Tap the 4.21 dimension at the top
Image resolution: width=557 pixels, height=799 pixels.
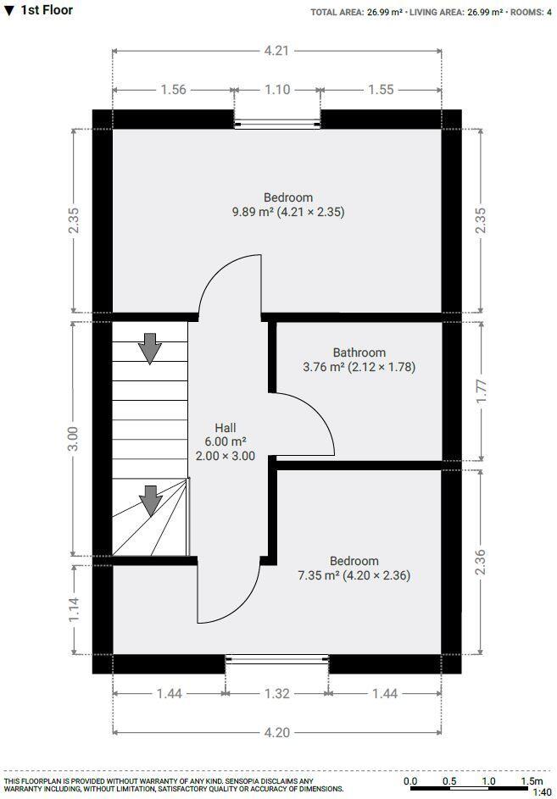276,50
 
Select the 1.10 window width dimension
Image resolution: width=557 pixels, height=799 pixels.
277,90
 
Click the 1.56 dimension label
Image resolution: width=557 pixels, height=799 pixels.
173,90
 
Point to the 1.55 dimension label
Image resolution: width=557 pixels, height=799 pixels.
382,90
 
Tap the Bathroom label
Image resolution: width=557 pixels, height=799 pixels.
359,352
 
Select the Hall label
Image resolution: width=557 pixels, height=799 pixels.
226,427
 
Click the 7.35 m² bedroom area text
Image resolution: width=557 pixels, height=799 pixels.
354,575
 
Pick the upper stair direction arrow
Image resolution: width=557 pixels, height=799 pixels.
150,347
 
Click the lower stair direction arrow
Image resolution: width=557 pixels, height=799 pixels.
150,500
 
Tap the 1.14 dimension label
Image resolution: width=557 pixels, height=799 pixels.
73,609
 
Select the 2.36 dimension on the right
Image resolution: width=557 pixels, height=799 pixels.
482,563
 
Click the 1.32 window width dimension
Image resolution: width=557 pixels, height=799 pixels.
276,694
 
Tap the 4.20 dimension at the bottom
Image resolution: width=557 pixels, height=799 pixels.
276,733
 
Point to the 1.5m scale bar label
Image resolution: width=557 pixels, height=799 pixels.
532,781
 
